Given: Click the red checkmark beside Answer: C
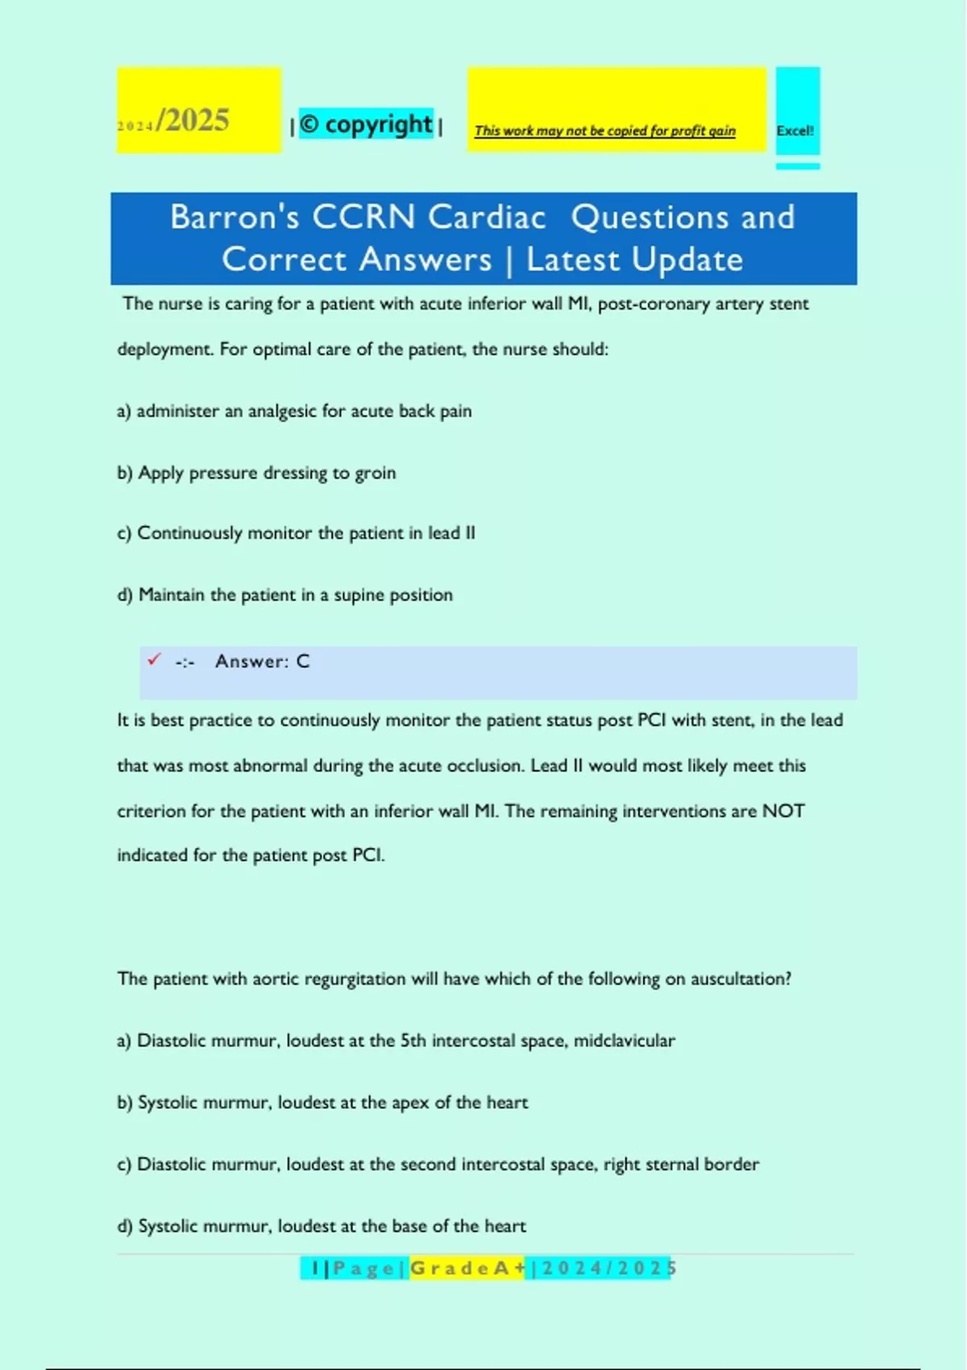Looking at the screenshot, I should (154, 659).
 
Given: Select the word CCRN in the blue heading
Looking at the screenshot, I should (363, 218).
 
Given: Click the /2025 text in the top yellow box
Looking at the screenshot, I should (193, 120).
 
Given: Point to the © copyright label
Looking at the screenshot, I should (367, 124).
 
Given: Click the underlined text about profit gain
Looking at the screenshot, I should (604, 131).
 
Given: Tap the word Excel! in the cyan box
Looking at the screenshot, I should (795, 131).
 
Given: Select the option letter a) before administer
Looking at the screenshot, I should (124, 411).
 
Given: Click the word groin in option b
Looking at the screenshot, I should (376, 473).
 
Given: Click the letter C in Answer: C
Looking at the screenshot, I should (303, 662).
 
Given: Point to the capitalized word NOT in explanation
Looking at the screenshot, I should (783, 811).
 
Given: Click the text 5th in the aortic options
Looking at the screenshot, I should (413, 1040).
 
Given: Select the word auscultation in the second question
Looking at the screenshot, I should (741, 978).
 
